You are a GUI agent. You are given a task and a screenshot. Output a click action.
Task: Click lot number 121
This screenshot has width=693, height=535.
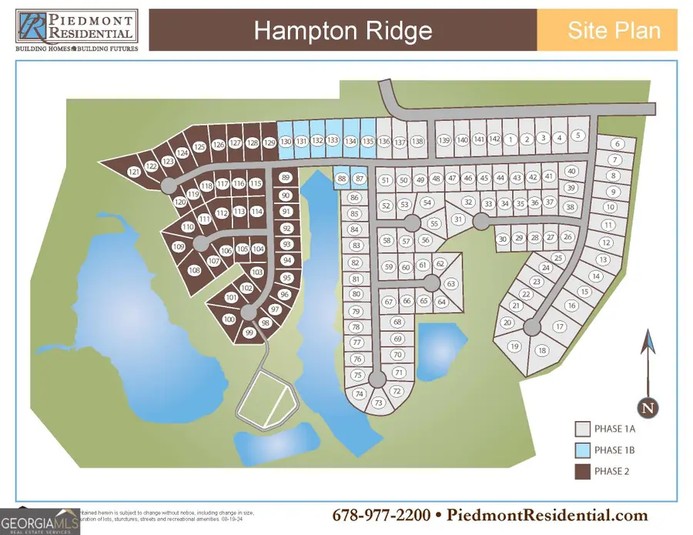click(134, 172)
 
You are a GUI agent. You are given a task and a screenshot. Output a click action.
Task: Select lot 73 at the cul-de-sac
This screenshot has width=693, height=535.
click(378, 403)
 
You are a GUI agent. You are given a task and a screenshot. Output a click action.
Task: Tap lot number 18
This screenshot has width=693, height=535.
click(542, 350)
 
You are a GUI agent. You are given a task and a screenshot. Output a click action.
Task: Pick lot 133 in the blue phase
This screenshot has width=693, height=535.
click(333, 140)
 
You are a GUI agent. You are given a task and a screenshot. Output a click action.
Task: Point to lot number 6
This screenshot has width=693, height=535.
click(618, 144)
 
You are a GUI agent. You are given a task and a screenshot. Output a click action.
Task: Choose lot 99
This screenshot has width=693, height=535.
click(249, 333)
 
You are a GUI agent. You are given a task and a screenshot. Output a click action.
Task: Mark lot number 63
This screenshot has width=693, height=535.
click(451, 284)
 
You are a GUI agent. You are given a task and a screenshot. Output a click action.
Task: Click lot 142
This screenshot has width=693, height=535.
click(495, 139)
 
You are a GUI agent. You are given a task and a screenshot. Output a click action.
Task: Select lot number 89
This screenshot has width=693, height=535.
click(286, 177)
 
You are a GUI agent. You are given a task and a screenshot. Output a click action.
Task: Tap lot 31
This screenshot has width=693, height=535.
click(458, 219)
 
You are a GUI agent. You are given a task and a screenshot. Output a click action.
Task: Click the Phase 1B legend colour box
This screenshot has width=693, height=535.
click(583, 450)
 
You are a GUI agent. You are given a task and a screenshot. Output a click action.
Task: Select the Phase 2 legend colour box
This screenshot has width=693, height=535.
click(583, 470)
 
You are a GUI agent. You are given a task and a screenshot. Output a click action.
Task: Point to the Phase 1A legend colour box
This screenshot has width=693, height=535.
click(583, 429)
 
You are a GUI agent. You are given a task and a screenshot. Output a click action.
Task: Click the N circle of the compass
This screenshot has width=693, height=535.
click(649, 406)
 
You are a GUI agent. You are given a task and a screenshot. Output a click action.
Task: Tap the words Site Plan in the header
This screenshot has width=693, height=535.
click(613, 31)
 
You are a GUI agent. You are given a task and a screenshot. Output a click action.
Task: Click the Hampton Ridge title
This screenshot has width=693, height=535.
click(343, 31)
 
